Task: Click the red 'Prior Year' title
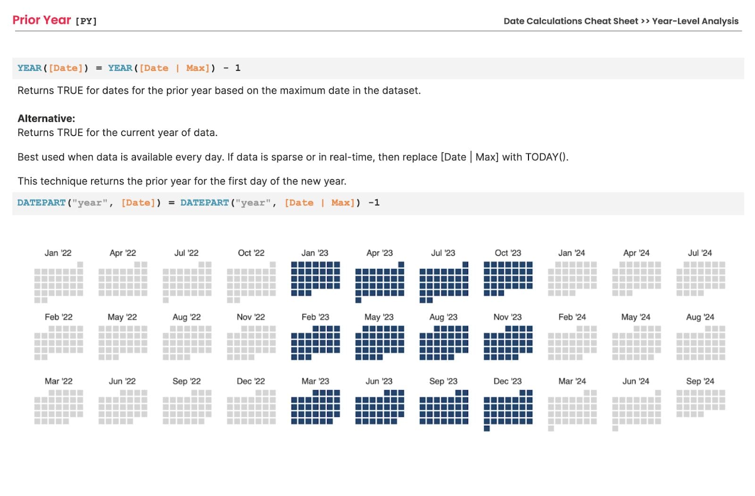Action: pyautogui.click(x=42, y=20)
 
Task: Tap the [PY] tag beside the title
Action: pyautogui.click(x=86, y=21)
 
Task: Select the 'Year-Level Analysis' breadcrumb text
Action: pyautogui.click(x=695, y=21)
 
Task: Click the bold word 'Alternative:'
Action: pyautogui.click(x=46, y=118)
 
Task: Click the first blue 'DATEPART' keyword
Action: pyautogui.click(x=42, y=202)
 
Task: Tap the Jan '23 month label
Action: pyautogui.click(x=315, y=253)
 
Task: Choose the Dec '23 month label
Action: pyautogui.click(x=507, y=381)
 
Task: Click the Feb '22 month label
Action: pyautogui.click(x=59, y=317)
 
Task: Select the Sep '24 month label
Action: pyautogui.click(x=700, y=381)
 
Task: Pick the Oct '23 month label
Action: pyautogui.click(x=508, y=253)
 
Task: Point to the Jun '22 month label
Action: pyautogui.click(x=122, y=381)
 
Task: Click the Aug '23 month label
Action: pyautogui.click(x=443, y=317)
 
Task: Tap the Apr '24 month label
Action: pyautogui.click(x=636, y=253)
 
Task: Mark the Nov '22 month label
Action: pyautogui.click(x=251, y=317)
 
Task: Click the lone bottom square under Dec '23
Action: pyautogui.click(x=487, y=429)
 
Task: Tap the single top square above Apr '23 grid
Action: pyautogui.click(x=401, y=264)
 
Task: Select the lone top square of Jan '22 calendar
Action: pyautogui.click(x=80, y=264)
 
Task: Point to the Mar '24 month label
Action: pyautogui.click(x=572, y=381)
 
